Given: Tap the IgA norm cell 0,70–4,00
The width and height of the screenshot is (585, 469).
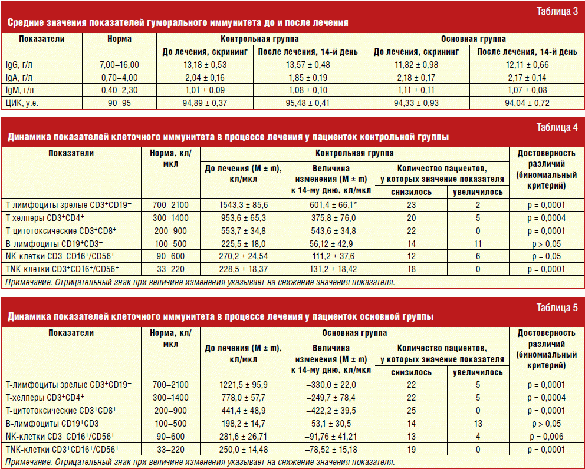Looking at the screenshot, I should [120, 77].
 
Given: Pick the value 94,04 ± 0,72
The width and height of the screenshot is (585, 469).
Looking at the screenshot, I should [527, 103].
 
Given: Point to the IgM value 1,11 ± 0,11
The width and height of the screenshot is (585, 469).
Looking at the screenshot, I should [416, 90].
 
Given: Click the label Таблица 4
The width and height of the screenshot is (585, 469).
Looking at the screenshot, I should [557, 127].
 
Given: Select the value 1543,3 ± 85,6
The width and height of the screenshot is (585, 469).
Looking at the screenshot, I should [244, 204].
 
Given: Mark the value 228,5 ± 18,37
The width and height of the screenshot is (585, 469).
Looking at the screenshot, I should [244, 269].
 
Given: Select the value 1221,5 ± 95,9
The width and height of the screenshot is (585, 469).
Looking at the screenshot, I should [244, 384].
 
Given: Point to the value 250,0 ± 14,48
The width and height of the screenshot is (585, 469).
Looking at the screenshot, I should [244, 449].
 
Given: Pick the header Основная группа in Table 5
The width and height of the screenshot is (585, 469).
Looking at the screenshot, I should [354, 333].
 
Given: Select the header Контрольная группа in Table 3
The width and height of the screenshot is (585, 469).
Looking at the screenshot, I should [260, 39].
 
